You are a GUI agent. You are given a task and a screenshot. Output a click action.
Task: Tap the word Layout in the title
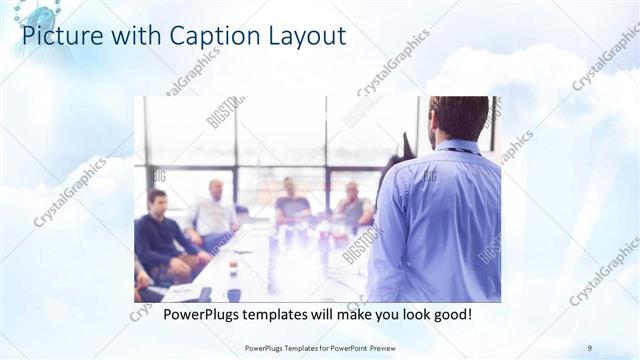pos(306,37)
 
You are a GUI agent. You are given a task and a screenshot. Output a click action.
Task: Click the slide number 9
pos(590,347)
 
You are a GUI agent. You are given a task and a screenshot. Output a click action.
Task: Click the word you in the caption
pos(387,315)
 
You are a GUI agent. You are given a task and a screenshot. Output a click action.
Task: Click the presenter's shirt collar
pos(461,148)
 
